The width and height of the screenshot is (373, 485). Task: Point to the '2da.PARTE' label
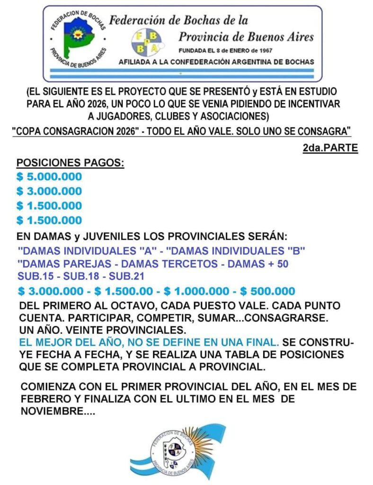click(x=330, y=148)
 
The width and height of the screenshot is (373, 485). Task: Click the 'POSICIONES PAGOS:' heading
click(x=70, y=163)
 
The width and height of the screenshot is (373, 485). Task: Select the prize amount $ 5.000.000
click(x=49, y=177)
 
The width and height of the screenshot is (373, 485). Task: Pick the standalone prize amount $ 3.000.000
click(x=49, y=191)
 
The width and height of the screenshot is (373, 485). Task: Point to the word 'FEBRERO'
click(x=44, y=399)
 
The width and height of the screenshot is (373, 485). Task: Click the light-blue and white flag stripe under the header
click(x=182, y=74)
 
